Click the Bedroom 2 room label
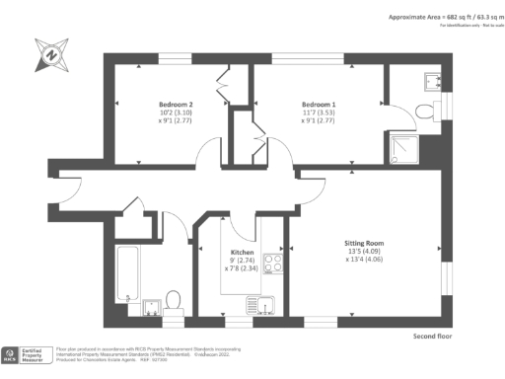click(176, 104)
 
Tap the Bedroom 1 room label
click(318, 104)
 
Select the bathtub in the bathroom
click(128, 276)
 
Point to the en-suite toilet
click(424, 111)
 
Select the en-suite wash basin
click(432, 80)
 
